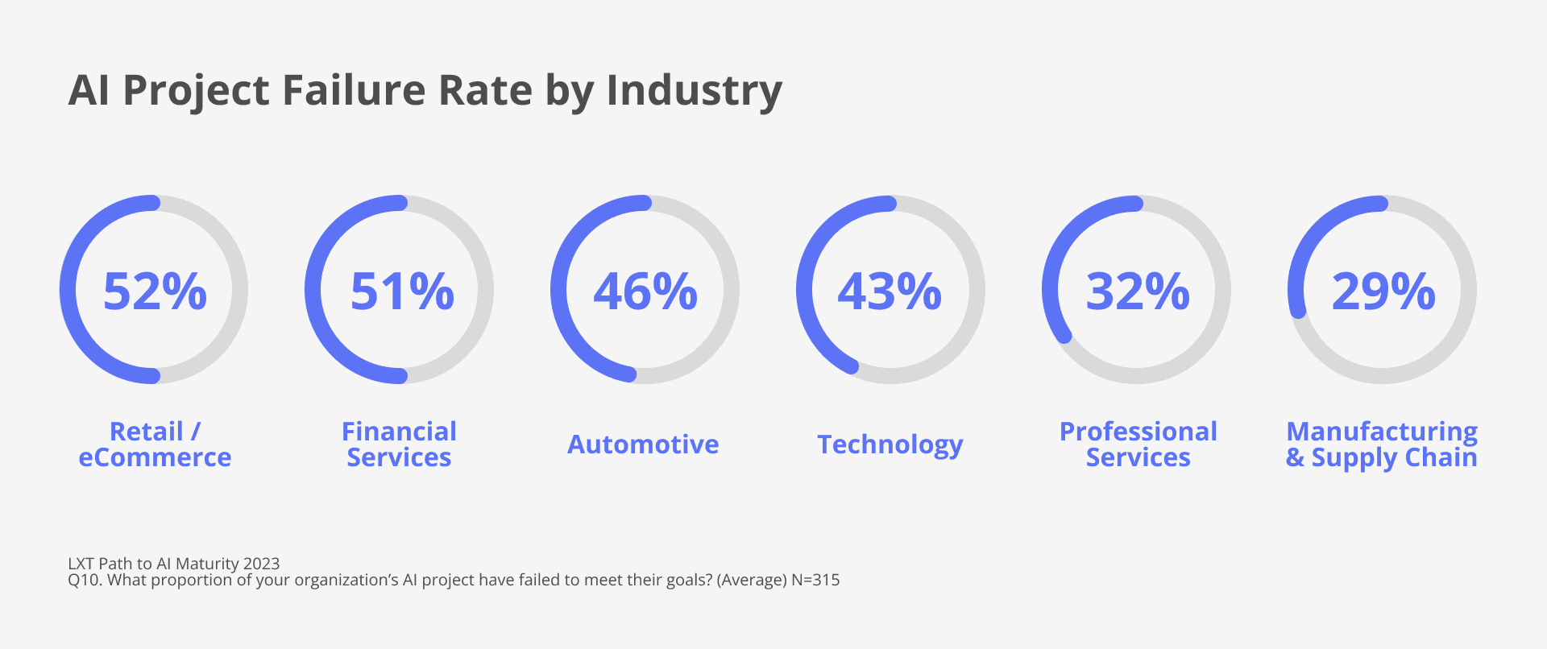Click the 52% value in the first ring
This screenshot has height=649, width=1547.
(x=155, y=291)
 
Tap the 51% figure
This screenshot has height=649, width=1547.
(x=401, y=291)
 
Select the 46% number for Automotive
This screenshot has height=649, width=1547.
(x=645, y=291)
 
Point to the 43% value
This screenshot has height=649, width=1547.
(x=890, y=291)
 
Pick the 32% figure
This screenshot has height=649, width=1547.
(x=1137, y=291)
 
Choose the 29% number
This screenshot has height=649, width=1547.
(x=1383, y=291)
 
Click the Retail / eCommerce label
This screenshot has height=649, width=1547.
(x=155, y=444)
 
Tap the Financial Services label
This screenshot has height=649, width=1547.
(x=399, y=444)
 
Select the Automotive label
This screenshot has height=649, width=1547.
(x=643, y=444)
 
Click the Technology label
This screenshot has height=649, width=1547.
(x=890, y=444)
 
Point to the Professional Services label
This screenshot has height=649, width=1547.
(x=1138, y=444)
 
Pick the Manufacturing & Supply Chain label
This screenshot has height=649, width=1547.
(x=1381, y=444)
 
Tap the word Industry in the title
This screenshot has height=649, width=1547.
(x=694, y=89)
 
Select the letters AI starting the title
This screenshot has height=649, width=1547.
(x=89, y=89)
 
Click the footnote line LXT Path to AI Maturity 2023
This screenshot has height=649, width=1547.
(x=173, y=563)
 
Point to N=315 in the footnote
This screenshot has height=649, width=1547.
(x=815, y=580)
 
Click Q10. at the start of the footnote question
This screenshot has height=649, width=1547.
(x=85, y=580)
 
